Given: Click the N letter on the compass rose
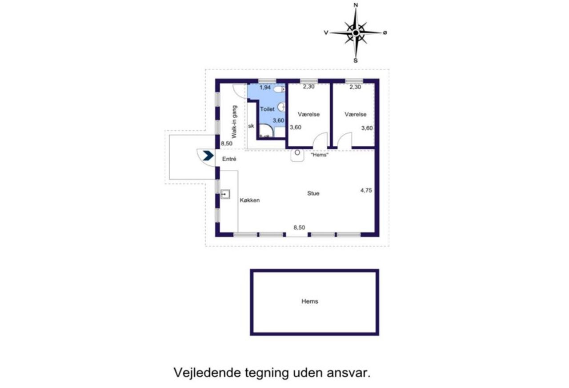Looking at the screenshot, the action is (356, 5).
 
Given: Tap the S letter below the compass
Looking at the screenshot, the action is (356, 60).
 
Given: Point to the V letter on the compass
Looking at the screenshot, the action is (326, 32).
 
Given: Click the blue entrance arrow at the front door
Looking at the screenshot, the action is (208, 156).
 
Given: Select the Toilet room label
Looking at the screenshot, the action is (267, 109).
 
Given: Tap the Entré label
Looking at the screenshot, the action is (229, 159).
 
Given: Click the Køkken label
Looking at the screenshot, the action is (250, 200).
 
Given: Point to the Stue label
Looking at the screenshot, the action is (313, 193).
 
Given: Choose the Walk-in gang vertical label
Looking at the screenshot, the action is (234, 122).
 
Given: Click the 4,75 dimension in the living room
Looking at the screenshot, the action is (366, 190).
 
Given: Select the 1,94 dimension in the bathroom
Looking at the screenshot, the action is (265, 88).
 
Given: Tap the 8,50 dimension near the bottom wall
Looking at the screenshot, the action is (299, 228).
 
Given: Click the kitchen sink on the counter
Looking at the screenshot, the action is (225, 194).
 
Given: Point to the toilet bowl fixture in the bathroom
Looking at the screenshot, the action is (280, 89).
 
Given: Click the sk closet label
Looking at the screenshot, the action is (251, 126).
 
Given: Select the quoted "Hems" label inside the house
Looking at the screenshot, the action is (320, 155).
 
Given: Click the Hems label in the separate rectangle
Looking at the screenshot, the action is (310, 301).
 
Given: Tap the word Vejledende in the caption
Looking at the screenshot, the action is (207, 373).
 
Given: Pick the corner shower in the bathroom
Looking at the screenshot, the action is (266, 131).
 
